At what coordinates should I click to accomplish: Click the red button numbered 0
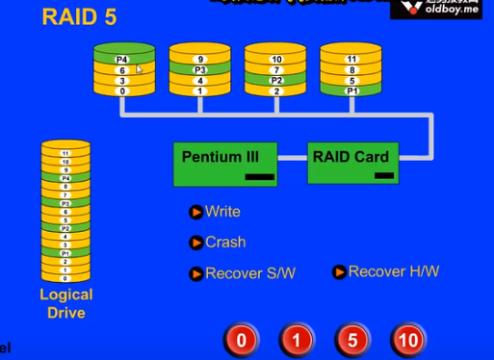click(x=242, y=340)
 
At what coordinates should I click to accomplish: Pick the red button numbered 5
click(x=352, y=340)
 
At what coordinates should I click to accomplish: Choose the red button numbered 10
click(x=407, y=340)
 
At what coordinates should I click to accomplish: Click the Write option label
click(x=222, y=212)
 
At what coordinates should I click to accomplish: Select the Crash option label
click(x=225, y=243)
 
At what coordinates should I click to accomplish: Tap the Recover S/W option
click(x=249, y=273)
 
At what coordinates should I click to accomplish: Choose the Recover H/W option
click(x=393, y=271)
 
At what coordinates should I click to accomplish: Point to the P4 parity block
click(x=122, y=60)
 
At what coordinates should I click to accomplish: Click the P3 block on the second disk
click(x=200, y=70)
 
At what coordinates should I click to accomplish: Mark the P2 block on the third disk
click(x=275, y=81)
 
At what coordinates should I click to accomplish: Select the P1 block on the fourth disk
click(x=351, y=91)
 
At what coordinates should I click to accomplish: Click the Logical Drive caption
click(x=66, y=303)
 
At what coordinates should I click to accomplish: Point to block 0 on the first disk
click(x=122, y=91)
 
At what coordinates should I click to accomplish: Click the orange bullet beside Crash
click(x=196, y=243)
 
